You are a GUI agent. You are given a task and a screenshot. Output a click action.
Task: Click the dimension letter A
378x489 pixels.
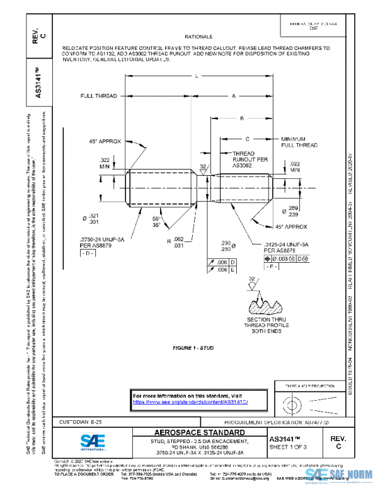coord(234,96)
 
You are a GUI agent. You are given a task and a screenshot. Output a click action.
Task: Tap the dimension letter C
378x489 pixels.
coord(247,138)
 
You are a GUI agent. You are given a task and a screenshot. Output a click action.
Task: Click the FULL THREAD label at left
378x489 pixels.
coord(98,96)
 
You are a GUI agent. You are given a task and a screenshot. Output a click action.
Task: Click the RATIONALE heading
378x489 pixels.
coord(198,38)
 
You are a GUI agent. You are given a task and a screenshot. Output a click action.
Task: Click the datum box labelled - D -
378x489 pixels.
coord(86,253)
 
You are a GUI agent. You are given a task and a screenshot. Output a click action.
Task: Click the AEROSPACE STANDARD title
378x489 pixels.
coord(191,433)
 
